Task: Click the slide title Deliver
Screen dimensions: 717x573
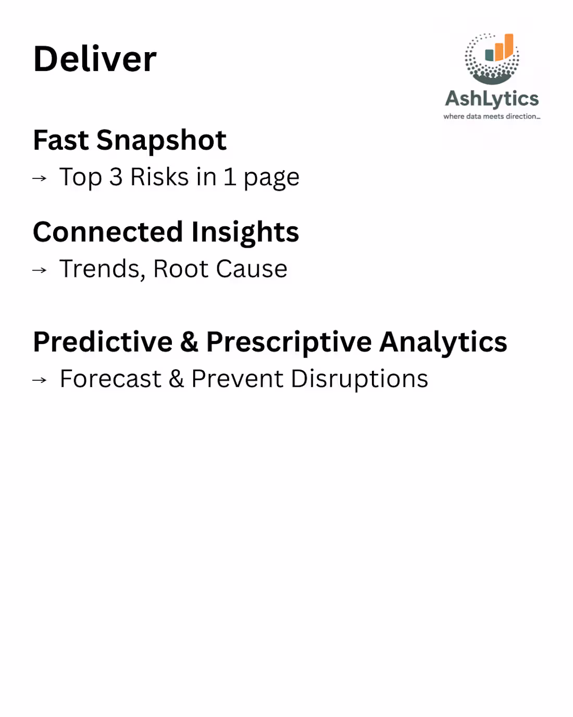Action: (x=95, y=59)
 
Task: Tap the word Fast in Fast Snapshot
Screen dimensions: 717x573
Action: (x=61, y=140)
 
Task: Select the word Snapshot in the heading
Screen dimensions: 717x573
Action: (x=161, y=141)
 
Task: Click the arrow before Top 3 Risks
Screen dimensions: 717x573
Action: (x=40, y=178)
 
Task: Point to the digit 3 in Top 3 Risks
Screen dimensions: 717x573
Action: (x=116, y=177)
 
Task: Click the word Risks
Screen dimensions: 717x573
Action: (x=159, y=177)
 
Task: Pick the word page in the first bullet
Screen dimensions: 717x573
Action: (x=271, y=179)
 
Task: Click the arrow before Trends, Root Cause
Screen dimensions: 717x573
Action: (x=40, y=270)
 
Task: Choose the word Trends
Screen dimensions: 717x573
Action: (x=102, y=270)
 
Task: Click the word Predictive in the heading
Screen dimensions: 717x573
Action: (x=103, y=342)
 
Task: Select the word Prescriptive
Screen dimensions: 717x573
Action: (x=289, y=343)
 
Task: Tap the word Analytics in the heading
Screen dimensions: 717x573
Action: (x=443, y=343)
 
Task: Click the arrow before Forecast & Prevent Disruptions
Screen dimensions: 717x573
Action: (x=40, y=380)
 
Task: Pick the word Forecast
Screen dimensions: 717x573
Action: (x=110, y=379)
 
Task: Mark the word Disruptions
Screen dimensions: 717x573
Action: (x=359, y=380)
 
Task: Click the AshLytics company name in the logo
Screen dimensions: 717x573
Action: (x=492, y=99)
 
